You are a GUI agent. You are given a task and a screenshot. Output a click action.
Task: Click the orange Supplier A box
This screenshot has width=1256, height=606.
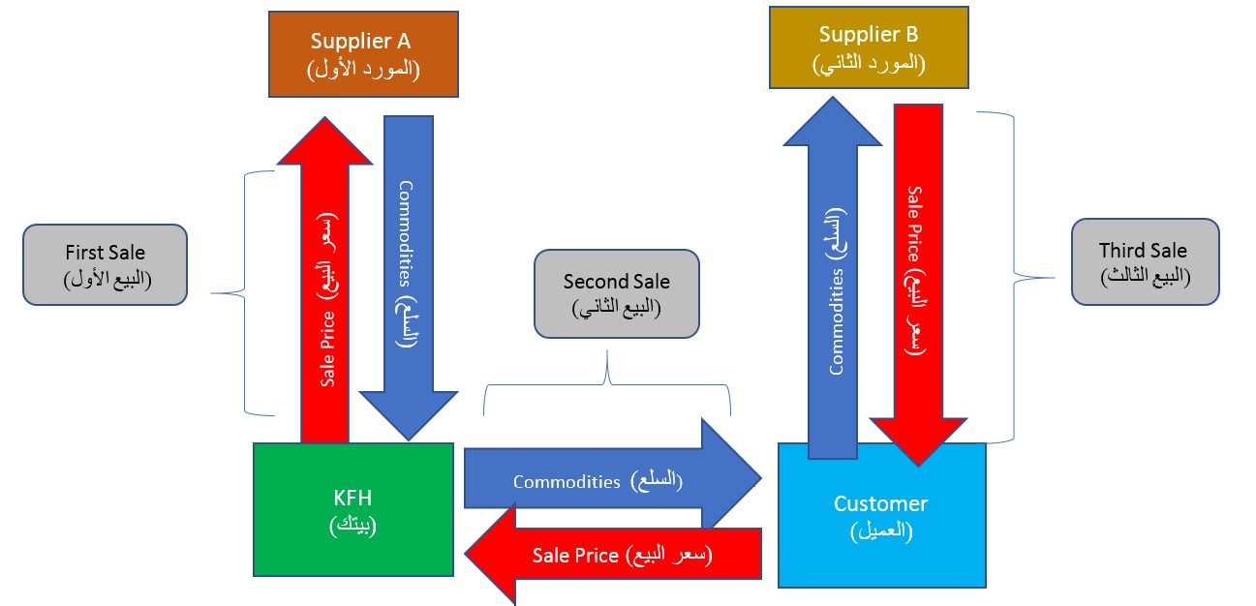pos(362,54)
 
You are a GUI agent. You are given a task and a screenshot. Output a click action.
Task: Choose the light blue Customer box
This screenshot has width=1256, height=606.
pos(881,515)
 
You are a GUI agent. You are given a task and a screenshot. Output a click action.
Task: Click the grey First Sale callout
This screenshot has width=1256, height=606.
pos(105,265)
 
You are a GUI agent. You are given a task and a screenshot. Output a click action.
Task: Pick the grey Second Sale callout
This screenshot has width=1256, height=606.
pos(616,293)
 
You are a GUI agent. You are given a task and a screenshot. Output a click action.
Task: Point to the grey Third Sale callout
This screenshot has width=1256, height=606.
pos(1143,262)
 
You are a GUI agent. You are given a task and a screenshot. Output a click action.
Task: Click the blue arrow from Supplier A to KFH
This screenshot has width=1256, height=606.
pos(409,261)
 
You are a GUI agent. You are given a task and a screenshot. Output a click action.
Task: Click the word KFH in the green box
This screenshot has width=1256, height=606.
pos(352,500)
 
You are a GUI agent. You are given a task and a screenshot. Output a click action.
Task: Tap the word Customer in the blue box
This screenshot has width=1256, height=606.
pos(880,503)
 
